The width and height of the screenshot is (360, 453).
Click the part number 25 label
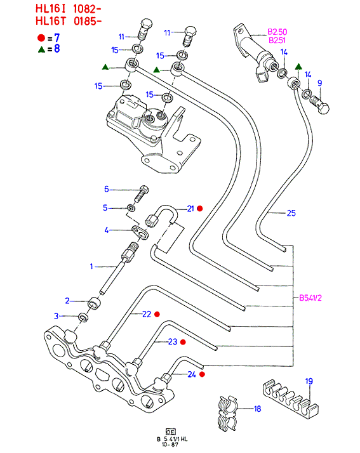click(291, 213)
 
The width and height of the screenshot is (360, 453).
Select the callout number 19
click(309, 381)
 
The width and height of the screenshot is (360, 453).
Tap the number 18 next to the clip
click(257, 409)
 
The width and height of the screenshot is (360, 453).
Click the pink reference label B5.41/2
click(310, 298)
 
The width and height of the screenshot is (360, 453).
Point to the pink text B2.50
click(277, 32)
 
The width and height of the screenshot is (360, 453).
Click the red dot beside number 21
click(200, 208)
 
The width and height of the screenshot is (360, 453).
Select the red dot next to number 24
click(202, 374)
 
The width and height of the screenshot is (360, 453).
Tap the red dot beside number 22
click(157, 314)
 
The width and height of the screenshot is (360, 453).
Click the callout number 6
click(107, 189)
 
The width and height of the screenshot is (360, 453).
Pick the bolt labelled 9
click(321, 105)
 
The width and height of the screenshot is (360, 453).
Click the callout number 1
click(91, 266)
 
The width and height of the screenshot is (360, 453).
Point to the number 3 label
click(56, 316)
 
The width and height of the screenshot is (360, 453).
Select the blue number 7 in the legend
click(57, 38)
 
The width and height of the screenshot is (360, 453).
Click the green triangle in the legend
click(42, 49)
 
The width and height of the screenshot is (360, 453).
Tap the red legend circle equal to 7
click(41, 38)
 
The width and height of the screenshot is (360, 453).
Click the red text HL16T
click(51, 21)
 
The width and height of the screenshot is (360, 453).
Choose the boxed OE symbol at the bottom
click(171, 431)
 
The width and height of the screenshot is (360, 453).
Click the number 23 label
click(173, 342)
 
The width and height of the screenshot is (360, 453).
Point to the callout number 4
click(107, 230)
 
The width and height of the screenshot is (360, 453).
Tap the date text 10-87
click(170, 445)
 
